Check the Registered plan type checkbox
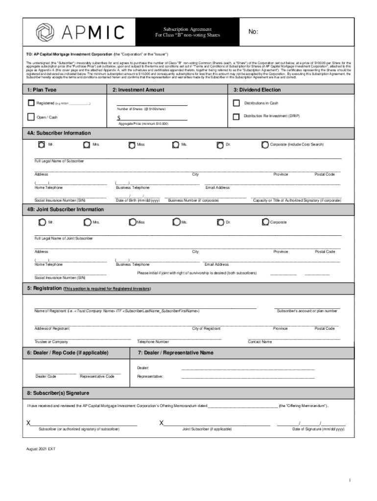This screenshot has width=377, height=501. [31, 103]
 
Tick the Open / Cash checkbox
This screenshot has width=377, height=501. [31, 117]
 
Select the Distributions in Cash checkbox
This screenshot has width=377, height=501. [236, 103]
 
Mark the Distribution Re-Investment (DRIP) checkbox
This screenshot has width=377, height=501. [236, 116]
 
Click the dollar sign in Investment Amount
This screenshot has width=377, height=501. [119, 118]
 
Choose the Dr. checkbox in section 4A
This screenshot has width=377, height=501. [220, 145]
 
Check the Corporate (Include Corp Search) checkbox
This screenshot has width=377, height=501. [264, 145]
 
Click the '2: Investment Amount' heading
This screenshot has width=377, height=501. [138, 90]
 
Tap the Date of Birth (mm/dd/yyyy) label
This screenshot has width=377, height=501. [138, 201]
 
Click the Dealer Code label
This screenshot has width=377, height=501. [46, 376]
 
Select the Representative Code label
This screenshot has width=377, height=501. [97, 376]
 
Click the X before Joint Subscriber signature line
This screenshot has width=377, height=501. [162, 423]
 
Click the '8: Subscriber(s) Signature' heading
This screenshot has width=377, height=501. [58, 393]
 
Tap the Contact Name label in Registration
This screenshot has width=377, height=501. [259, 342]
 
